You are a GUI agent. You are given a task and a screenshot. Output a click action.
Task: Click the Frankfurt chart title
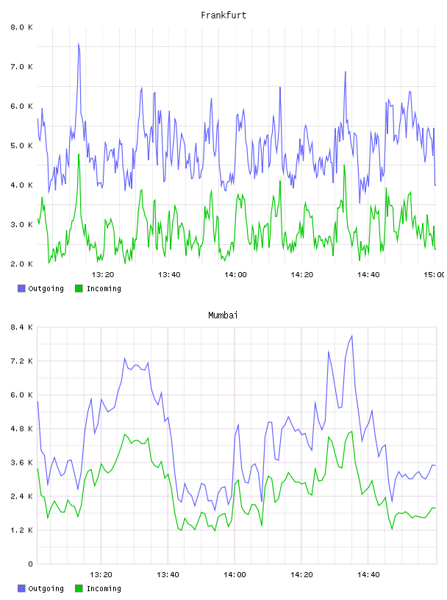click(x=223, y=15)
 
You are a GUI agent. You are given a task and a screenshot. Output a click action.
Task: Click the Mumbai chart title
click(x=223, y=315)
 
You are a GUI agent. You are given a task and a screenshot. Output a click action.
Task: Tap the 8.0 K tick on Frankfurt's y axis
click(x=21, y=27)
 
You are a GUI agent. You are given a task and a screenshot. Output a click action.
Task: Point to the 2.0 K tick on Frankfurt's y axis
click(x=21, y=264)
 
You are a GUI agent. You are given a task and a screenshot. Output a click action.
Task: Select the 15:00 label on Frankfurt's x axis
click(x=434, y=274)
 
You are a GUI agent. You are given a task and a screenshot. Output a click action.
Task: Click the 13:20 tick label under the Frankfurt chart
click(x=103, y=274)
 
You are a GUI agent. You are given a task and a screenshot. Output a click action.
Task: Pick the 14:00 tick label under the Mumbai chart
click(x=235, y=574)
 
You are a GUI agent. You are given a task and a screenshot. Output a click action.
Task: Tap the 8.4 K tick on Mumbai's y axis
click(x=21, y=327)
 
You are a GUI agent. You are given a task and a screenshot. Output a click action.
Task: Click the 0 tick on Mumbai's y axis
click(x=30, y=564)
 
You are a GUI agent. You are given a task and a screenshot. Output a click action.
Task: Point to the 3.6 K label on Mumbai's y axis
click(x=21, y=463)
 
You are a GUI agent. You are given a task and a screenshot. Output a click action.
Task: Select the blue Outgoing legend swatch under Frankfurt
click(x=21, y=288)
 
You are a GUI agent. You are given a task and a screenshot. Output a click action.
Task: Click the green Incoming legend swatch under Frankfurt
click(x=79, y=288)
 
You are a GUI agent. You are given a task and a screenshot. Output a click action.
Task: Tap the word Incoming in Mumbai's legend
click(x=104, y=588)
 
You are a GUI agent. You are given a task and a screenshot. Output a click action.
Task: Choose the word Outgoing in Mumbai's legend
click(x=46, y=588)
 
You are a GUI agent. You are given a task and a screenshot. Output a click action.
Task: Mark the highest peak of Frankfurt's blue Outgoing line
click(x=79, y=43)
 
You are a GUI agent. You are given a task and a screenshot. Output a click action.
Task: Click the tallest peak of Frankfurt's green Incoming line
click(x=79, y=154)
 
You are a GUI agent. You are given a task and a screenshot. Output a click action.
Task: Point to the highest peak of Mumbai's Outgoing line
click(x=351, y=336)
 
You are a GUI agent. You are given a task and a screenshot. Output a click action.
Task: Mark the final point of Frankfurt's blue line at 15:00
click(x=435, y=185)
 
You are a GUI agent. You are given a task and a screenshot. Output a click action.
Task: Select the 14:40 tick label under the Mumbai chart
click(x=368, y=574)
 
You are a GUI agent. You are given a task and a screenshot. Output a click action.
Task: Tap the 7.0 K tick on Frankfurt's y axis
click(x=21, y=67)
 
